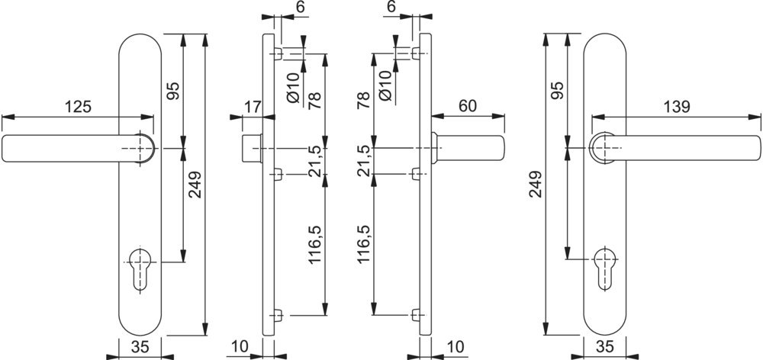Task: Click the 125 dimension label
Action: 76,108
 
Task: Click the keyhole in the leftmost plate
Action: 140,267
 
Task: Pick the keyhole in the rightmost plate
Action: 606,267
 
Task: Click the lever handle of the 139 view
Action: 687,148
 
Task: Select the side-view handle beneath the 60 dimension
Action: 469,148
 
